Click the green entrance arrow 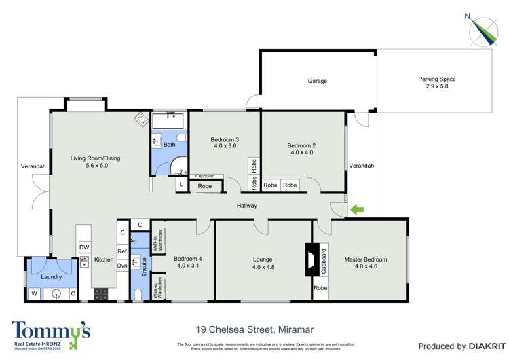click(356, 210)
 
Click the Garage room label click(317, 81)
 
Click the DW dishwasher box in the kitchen click(84, 247)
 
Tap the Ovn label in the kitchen click(122, 266)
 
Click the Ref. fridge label click(122, 251)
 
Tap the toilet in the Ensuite click(138, 293)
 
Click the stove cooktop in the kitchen click(101, 294)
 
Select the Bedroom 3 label click(226, 140)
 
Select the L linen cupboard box click(181, 184)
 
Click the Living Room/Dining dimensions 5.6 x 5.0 click(96, 166)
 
